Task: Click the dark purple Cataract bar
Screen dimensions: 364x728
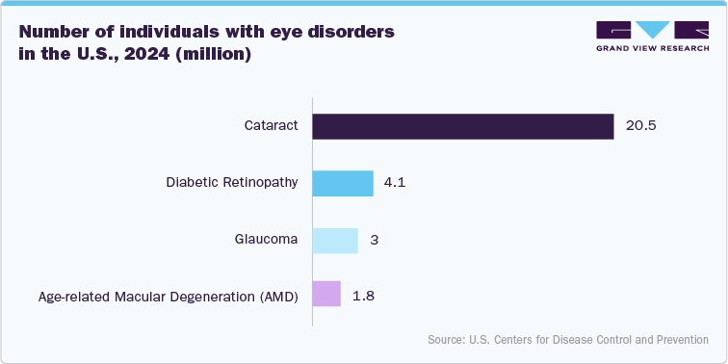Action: (462, 126)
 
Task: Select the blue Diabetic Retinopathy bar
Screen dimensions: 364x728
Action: (342, 183)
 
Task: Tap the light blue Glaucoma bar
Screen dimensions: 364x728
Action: (334, 240)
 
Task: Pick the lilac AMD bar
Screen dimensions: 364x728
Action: (326, 295)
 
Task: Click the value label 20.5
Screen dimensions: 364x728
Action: (641, 126)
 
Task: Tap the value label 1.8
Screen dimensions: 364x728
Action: (363, 295)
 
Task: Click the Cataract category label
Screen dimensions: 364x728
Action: (272, 126)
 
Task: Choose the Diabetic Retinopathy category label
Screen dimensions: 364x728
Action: (231, 183)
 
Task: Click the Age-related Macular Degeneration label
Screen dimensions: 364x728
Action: (169, 296)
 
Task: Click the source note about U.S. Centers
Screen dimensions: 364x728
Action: (568, 340)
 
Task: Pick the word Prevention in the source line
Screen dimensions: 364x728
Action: (681, 340)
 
